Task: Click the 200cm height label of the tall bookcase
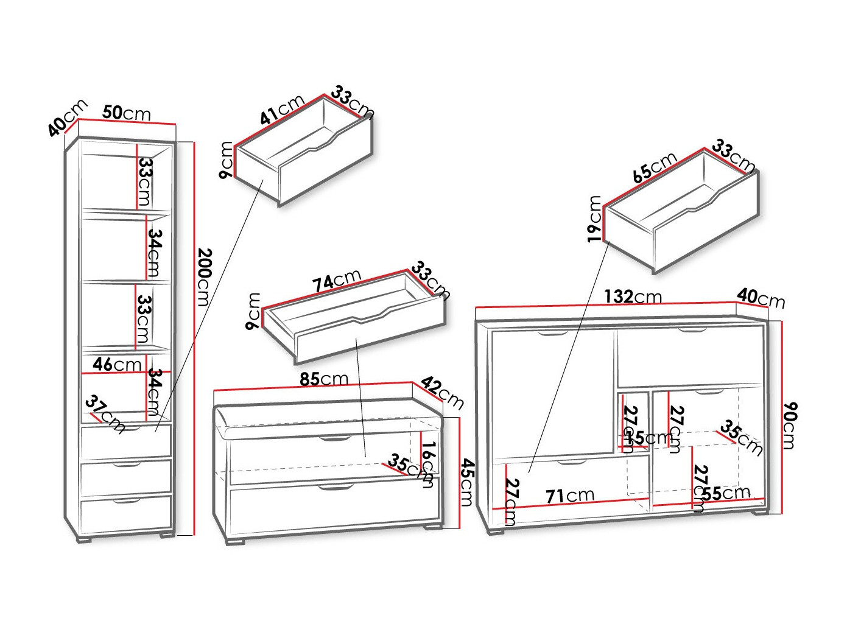[x=203, y=277]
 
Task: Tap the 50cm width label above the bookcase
[x=127, y=113]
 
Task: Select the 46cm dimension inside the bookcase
[x=117, y=364]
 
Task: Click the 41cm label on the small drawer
[x=282, y=110]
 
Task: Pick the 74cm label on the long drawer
[x=337, y=281]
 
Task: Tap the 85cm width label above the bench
[x=324, y=379]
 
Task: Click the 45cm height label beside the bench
[x=467, y=482]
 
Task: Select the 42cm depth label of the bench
[x=443, y=393]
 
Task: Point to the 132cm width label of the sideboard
[x=633, y=296]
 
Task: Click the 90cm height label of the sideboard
[x=789, y=425]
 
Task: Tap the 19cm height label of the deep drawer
[x=595, y=219]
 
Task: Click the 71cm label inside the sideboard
[x=570, y=496]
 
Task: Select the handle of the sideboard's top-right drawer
[x=691, y=331]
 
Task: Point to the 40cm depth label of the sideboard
[x=761, y=298]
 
